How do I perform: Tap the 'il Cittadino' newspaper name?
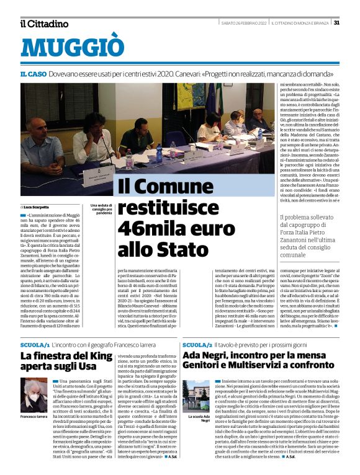click(x=44, y=24)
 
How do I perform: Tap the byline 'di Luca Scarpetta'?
click(x=35, y=206)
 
